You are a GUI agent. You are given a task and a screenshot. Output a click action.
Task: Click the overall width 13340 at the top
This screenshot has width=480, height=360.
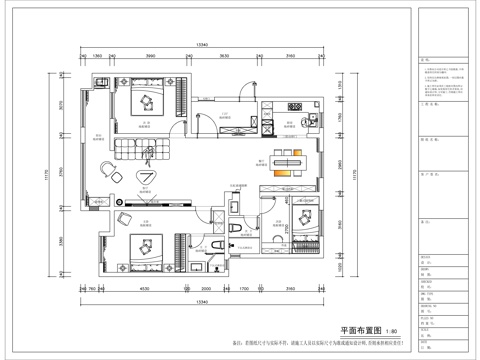pos(201,45)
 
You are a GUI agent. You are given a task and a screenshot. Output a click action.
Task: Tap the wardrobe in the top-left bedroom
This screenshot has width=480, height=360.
pos(184,99)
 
